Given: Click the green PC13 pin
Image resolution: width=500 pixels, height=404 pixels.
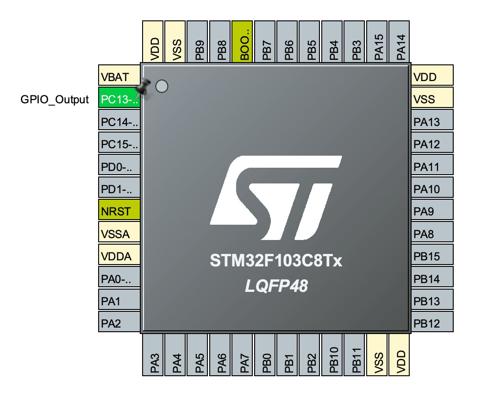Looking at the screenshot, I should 119,99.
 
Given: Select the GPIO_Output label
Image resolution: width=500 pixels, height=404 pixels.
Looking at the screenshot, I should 55,99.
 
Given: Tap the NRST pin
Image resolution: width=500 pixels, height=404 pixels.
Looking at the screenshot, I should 119,211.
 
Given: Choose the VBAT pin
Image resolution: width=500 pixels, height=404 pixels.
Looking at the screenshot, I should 119,76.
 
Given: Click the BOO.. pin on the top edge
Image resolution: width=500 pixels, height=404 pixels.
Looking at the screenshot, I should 242,42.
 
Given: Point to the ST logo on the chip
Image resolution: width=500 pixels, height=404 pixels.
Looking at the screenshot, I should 276,197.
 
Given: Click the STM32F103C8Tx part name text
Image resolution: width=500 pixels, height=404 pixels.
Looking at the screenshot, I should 276,261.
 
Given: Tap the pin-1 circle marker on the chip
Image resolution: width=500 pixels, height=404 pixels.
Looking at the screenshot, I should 161,86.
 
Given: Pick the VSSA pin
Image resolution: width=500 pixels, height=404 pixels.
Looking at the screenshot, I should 119,234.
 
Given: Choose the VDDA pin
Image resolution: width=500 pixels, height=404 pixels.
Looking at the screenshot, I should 119,256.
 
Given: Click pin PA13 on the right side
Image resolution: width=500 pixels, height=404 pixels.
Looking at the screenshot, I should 432,122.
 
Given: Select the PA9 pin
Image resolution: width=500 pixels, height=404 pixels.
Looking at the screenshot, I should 432,211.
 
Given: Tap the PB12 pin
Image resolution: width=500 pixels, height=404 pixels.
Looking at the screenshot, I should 432,323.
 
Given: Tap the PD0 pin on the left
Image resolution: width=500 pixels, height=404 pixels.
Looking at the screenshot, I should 119,166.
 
